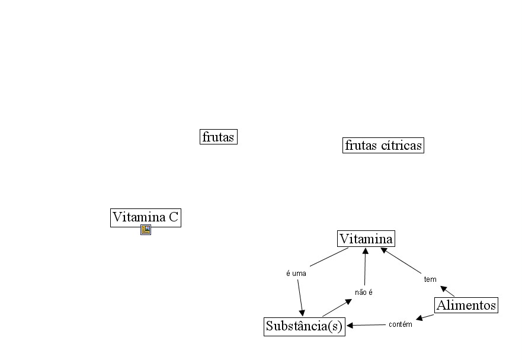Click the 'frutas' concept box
pos(218,137)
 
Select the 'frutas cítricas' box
pos(383,145)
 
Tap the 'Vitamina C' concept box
pos(145,217)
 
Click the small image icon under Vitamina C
pos(146,230)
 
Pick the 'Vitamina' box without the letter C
pos(366,239)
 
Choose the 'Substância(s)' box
pos(304,326)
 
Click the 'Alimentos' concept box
pos(466,306)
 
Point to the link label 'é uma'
pos(296,274)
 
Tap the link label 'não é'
pos(363,292)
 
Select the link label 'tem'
pos(430,279)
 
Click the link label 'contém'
pos(400,324)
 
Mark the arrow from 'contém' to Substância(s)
pos(367,325)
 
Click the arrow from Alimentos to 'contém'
pos(425,317)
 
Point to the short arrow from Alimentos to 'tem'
pos(447,291)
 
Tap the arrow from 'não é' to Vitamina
pos(365,266)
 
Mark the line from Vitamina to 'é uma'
pos(329,257)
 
